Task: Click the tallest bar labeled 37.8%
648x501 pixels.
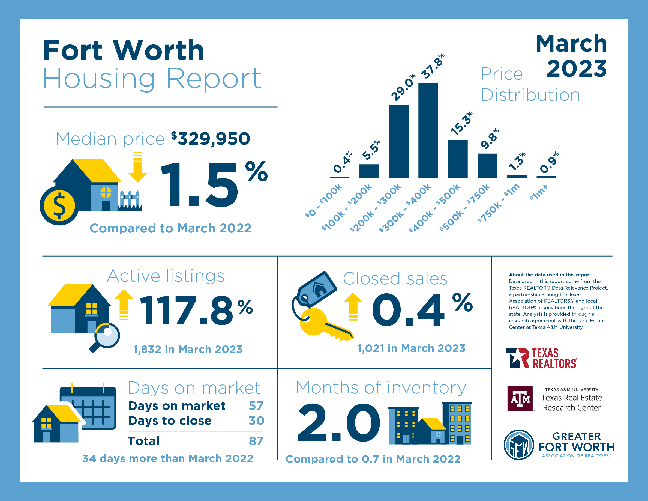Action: (428, 131)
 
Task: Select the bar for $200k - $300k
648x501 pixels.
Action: (398, 142)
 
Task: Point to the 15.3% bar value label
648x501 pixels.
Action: (461, 123)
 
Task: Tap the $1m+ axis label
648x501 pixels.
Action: (539, 193)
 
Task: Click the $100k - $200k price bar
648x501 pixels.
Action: (369, 171)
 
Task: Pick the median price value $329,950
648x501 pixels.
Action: (211, 139)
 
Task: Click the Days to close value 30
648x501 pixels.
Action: (256, 421)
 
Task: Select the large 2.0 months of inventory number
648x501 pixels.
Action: (338, 423)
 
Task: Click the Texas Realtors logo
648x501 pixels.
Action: (541, 358)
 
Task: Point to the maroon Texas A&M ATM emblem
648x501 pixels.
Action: (520, 399)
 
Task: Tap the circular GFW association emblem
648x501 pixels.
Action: (519, 445)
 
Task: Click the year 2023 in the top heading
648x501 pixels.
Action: (577, 69)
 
